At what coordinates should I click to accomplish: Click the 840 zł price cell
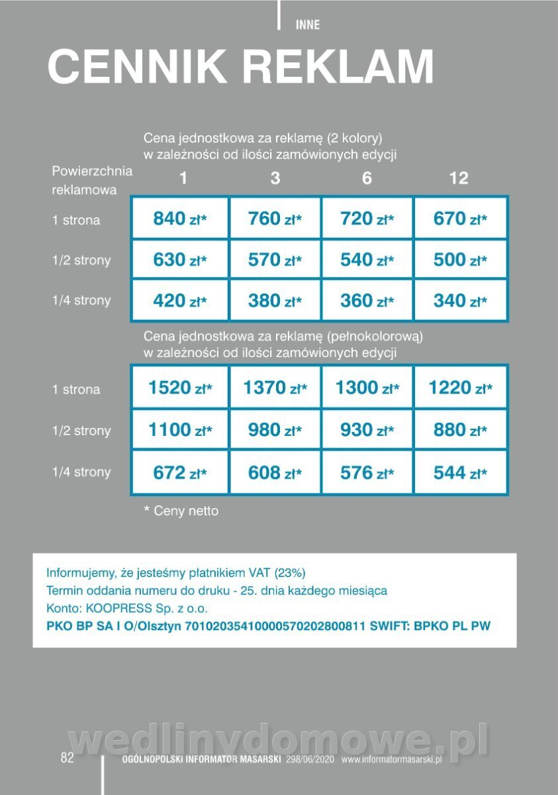(x=179, y=219)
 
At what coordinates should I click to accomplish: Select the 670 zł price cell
(x=460, y=219)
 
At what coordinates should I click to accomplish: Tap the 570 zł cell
(x=275, y=260)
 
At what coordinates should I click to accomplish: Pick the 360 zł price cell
(x=367, y=301)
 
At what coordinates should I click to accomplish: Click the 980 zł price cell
(x=275, y=430)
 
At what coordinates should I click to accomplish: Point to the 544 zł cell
(x=460, y=472)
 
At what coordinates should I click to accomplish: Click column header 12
(x=458, y=178)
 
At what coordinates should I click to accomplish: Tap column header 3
(x=275, y=178)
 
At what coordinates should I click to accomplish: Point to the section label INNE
(x=307, y=25)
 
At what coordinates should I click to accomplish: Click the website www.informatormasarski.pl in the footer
(x=391, y=760)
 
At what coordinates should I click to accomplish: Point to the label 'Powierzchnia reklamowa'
(x=92, y=180)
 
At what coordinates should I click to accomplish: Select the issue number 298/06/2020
(x=310, y=760)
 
